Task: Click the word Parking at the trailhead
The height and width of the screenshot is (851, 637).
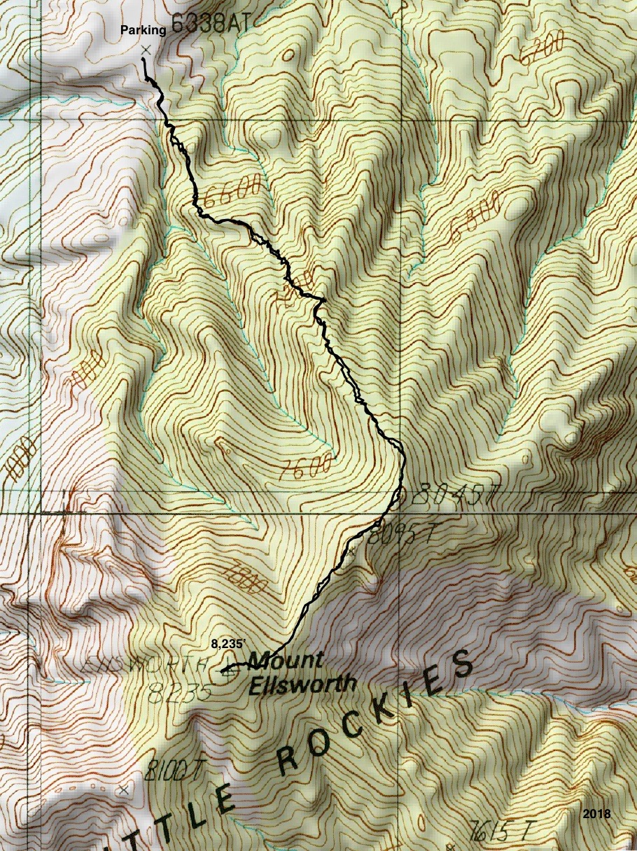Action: [x=143, y=30]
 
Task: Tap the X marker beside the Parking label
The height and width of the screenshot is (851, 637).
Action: [x=146, y=50]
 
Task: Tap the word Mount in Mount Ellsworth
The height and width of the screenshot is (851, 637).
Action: [x=285, y=660]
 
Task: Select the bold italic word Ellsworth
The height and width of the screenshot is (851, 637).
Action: [x=302, y=684]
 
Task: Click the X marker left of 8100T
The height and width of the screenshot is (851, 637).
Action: [x=124, y=789]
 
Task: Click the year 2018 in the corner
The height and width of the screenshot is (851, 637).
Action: [x=596, y=814]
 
